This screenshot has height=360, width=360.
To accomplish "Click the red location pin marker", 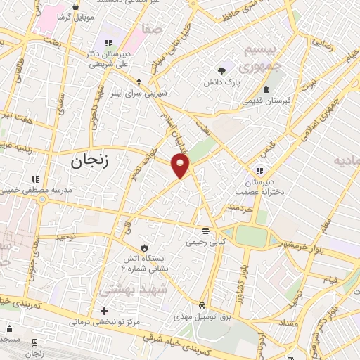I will click(x=181, y=166).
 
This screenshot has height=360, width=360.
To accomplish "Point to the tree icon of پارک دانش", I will click(x=222, y=70).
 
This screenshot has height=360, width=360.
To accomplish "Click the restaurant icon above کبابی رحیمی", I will click(x=205, y=230).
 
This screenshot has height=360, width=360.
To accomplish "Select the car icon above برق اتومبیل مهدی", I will click(x=202, y=306).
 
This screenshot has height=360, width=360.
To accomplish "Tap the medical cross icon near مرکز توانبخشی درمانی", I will click(x=105, y=310).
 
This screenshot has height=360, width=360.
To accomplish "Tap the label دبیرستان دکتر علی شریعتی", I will click(x=110, y=58).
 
